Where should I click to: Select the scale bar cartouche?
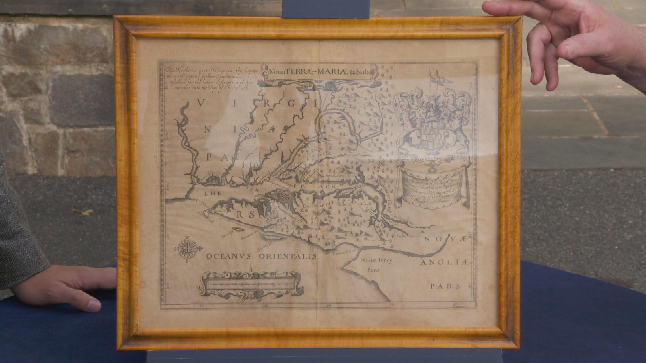coord(251,284)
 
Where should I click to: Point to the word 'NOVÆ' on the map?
coord(445,239)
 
